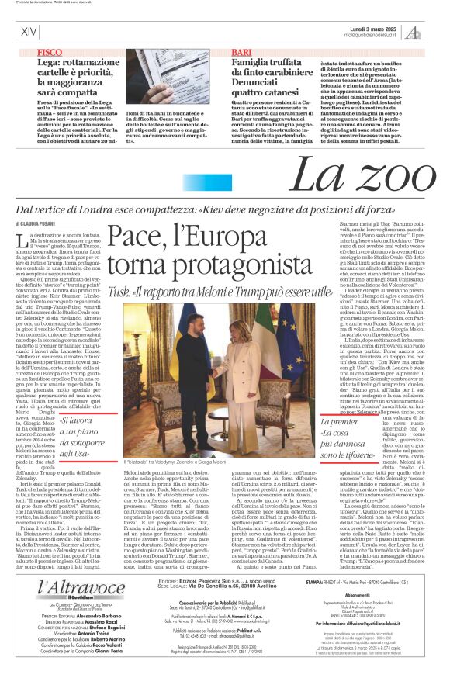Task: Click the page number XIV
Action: pos(29,32)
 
